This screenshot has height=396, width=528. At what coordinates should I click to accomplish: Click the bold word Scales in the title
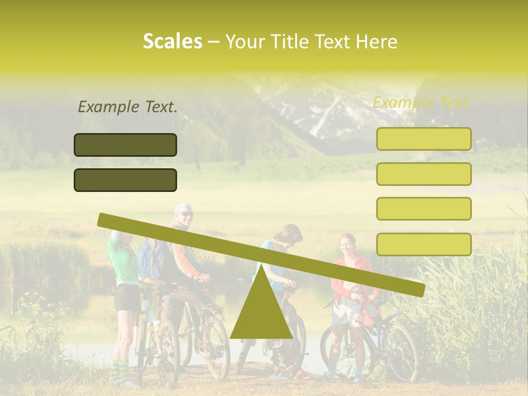(x=172, y=41)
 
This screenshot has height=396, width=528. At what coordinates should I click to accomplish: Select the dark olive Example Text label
(x=128, y=107)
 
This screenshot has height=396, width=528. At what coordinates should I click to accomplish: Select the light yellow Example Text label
(x=422, y=102)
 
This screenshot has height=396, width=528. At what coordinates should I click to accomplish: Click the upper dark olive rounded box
(x=125, y=145)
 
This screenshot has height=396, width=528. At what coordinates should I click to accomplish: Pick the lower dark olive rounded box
(x=125, y=180)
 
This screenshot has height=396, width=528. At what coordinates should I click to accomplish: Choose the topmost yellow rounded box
(x=424, y=139)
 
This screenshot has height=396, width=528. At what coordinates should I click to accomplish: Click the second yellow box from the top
(x=424, y=174)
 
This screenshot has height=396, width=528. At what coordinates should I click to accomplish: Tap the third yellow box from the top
(x=424, y=208)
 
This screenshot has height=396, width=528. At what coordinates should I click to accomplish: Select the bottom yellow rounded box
(x=424, y=244)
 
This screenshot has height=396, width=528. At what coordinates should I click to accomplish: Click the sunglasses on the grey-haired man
(x=186, y=213)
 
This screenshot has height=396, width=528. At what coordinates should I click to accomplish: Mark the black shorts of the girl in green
(x=128, y=298)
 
